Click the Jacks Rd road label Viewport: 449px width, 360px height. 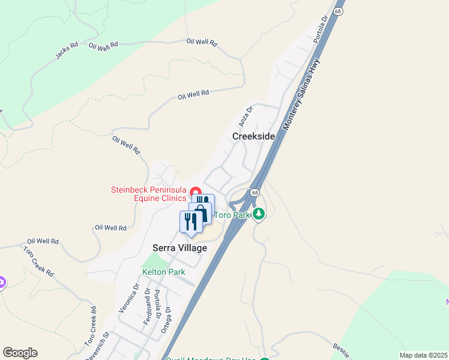(x=67, y=50)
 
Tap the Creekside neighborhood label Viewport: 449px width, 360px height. (x=253, y=136)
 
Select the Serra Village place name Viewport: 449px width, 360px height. (x=179, y=248)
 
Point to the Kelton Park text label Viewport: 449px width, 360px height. (x=163, y=272)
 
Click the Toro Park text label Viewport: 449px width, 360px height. (x=232, y=215)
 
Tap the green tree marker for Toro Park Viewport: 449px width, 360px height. (x=259, y=214)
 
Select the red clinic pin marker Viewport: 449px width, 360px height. (x=195, y=193)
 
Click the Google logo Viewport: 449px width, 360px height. (x=20, y=353)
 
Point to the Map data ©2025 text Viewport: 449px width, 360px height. (x=423, y=355)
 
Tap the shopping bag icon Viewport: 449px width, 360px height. (x=200, y=213)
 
